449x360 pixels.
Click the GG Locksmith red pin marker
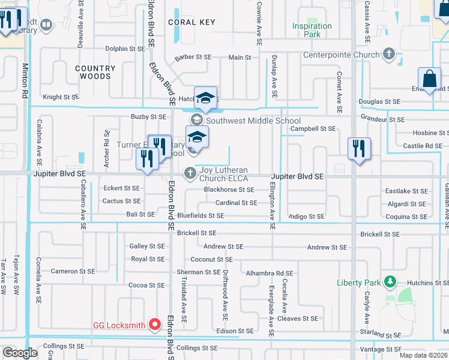[x=154, y=325]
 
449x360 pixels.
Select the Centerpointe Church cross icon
[x=389, y=55]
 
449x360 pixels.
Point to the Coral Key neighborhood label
[x=191, y=22]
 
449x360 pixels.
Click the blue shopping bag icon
[x=430, y=79]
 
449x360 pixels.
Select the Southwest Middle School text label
[x=253, y=121]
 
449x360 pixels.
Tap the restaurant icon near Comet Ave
[x=359, y=149]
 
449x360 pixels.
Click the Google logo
[x=20, y=353]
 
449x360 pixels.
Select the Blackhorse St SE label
[x=229, y=190]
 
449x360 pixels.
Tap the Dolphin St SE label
[x=125, y=49]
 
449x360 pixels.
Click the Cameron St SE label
[x=73, y=271]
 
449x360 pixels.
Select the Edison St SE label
[x=235, y=331]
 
